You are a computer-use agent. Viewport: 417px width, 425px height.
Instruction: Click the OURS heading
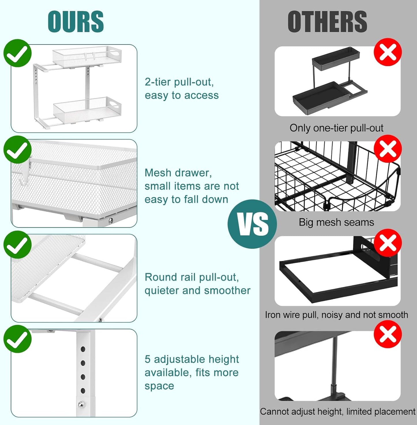(x=76, y=22)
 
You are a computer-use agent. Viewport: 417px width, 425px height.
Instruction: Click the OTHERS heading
(x=327, y=22)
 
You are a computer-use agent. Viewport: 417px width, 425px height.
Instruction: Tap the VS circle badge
(x=252, y=224)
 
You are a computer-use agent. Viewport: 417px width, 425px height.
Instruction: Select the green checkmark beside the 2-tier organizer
(x=17, y=53)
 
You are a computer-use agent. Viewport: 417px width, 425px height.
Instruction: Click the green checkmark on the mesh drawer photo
(x=17, y=150)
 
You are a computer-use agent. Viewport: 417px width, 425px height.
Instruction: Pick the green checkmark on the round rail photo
(x=17, y=244)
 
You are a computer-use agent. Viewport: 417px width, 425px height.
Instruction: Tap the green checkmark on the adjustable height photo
(x=17, y=339)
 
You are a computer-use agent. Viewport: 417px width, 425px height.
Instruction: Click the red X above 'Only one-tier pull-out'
(x=388, y=52)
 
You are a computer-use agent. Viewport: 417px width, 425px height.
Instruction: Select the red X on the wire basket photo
(x=388, y=149)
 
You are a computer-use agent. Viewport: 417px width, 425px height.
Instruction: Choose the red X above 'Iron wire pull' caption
(x=388, y=243)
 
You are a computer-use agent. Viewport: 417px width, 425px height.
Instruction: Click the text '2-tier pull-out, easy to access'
(x=182, y=89)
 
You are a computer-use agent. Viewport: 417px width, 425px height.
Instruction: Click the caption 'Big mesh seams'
(x=336, y=222)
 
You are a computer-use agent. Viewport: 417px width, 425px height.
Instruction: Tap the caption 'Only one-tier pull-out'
(x=336, y=128)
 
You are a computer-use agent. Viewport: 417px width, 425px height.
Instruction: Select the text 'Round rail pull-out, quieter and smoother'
(x=197, y=284)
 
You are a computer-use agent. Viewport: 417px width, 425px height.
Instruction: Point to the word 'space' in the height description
(x=159, y=386)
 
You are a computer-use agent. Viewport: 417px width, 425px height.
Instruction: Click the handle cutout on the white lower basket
(x=114, y=103)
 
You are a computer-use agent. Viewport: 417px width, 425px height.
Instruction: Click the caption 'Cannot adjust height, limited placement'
(x=337, y=411)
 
